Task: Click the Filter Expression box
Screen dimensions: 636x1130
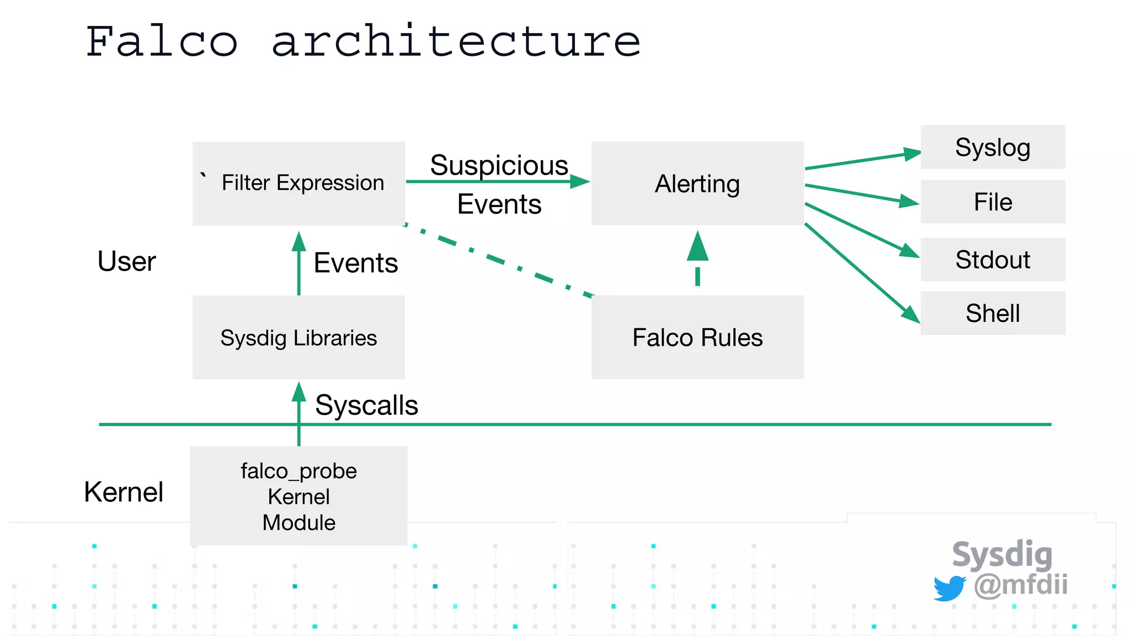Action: click(299, 183)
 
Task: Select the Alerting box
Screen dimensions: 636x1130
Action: click(697, 183)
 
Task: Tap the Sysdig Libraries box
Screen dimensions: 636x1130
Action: click(299, 337)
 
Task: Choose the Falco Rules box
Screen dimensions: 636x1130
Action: click(697, 337)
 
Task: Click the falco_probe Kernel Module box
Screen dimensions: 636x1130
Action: click(299, 496)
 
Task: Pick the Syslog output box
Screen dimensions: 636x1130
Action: click(993, 147)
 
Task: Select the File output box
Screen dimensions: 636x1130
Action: click(993, 202)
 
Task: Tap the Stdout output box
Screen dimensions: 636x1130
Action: click(993, 259)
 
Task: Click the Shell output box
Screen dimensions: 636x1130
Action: click(993, 313)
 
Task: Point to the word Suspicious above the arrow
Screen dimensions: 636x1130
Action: click(499, 165)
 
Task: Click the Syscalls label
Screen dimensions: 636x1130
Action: click(366, 405)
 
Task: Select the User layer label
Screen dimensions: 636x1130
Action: click(126, 261)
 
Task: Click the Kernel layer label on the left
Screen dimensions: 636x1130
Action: click(124, 491)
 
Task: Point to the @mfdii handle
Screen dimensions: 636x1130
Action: click(1021, 584)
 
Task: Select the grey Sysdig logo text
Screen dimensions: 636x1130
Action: click(1002, 554)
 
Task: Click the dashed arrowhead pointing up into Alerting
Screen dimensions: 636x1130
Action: click(697, 247)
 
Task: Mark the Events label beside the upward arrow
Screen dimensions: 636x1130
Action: click(355, 263)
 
